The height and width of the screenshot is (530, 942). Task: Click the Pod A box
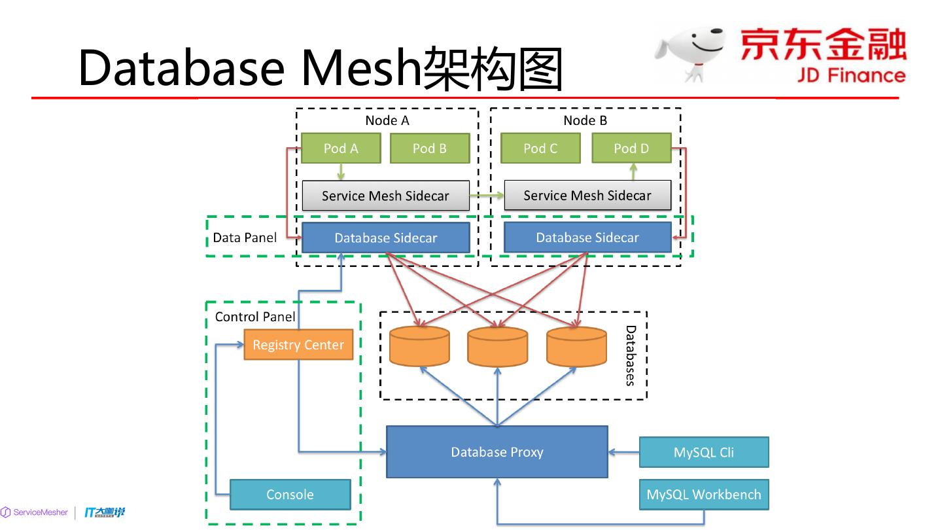coord(341,149)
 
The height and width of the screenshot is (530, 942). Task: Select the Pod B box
coord(430,149)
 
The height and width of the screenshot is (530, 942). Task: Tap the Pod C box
coord(540,149)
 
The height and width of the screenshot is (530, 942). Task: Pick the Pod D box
coord(631,149)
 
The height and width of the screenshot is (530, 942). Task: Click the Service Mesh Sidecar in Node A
coord(385,196)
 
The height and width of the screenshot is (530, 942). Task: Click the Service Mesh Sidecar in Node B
coord(587,195)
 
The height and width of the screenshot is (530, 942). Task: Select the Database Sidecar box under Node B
coord(587,238)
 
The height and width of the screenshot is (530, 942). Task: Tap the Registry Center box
coord(298,345)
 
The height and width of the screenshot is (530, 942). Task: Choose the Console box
coord(290,495)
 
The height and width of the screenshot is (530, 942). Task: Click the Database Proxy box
coord(497,452)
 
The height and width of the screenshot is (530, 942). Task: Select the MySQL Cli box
coord(704,452)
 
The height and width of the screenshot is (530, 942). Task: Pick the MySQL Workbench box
coord(704,495)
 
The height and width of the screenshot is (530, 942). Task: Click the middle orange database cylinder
coord(498,347)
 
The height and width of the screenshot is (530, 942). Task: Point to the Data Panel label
coord(245,238)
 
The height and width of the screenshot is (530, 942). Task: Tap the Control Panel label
coord(255,317)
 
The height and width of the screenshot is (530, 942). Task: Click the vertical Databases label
coord(631,355)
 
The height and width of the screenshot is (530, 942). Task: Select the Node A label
coord(387,120)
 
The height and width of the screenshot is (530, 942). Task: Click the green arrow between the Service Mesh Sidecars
coord(487,195)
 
